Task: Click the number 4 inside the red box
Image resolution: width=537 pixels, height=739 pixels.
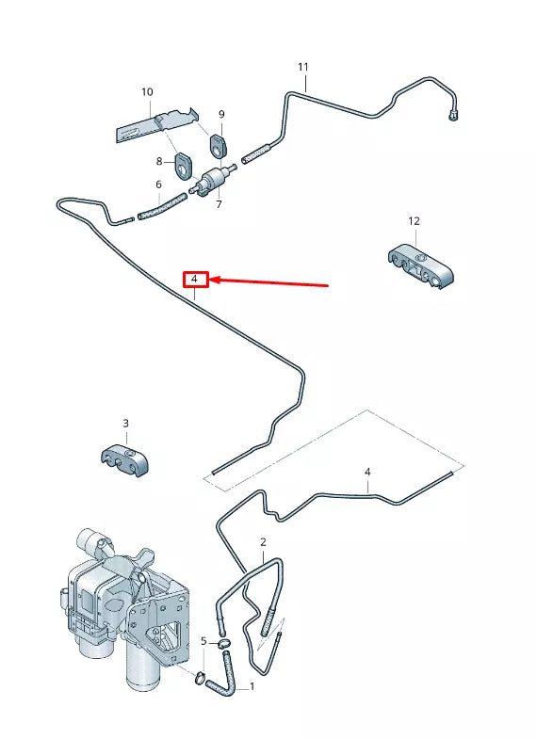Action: point(194,280)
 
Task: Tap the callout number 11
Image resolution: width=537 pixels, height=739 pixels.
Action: point(302,67)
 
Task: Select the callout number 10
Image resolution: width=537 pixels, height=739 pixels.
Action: point(147,92)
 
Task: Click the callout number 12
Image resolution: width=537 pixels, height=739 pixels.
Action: point(414,220)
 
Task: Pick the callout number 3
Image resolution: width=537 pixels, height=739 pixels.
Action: point(125,424)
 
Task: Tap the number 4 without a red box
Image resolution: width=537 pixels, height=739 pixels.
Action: point(367,472)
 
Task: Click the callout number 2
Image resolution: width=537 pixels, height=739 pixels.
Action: point(263,542)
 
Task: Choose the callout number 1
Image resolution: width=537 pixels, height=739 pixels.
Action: point(251,687)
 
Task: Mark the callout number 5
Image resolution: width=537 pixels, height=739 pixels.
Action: point(203,641)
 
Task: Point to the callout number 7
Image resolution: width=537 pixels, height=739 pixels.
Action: point(219,204)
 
